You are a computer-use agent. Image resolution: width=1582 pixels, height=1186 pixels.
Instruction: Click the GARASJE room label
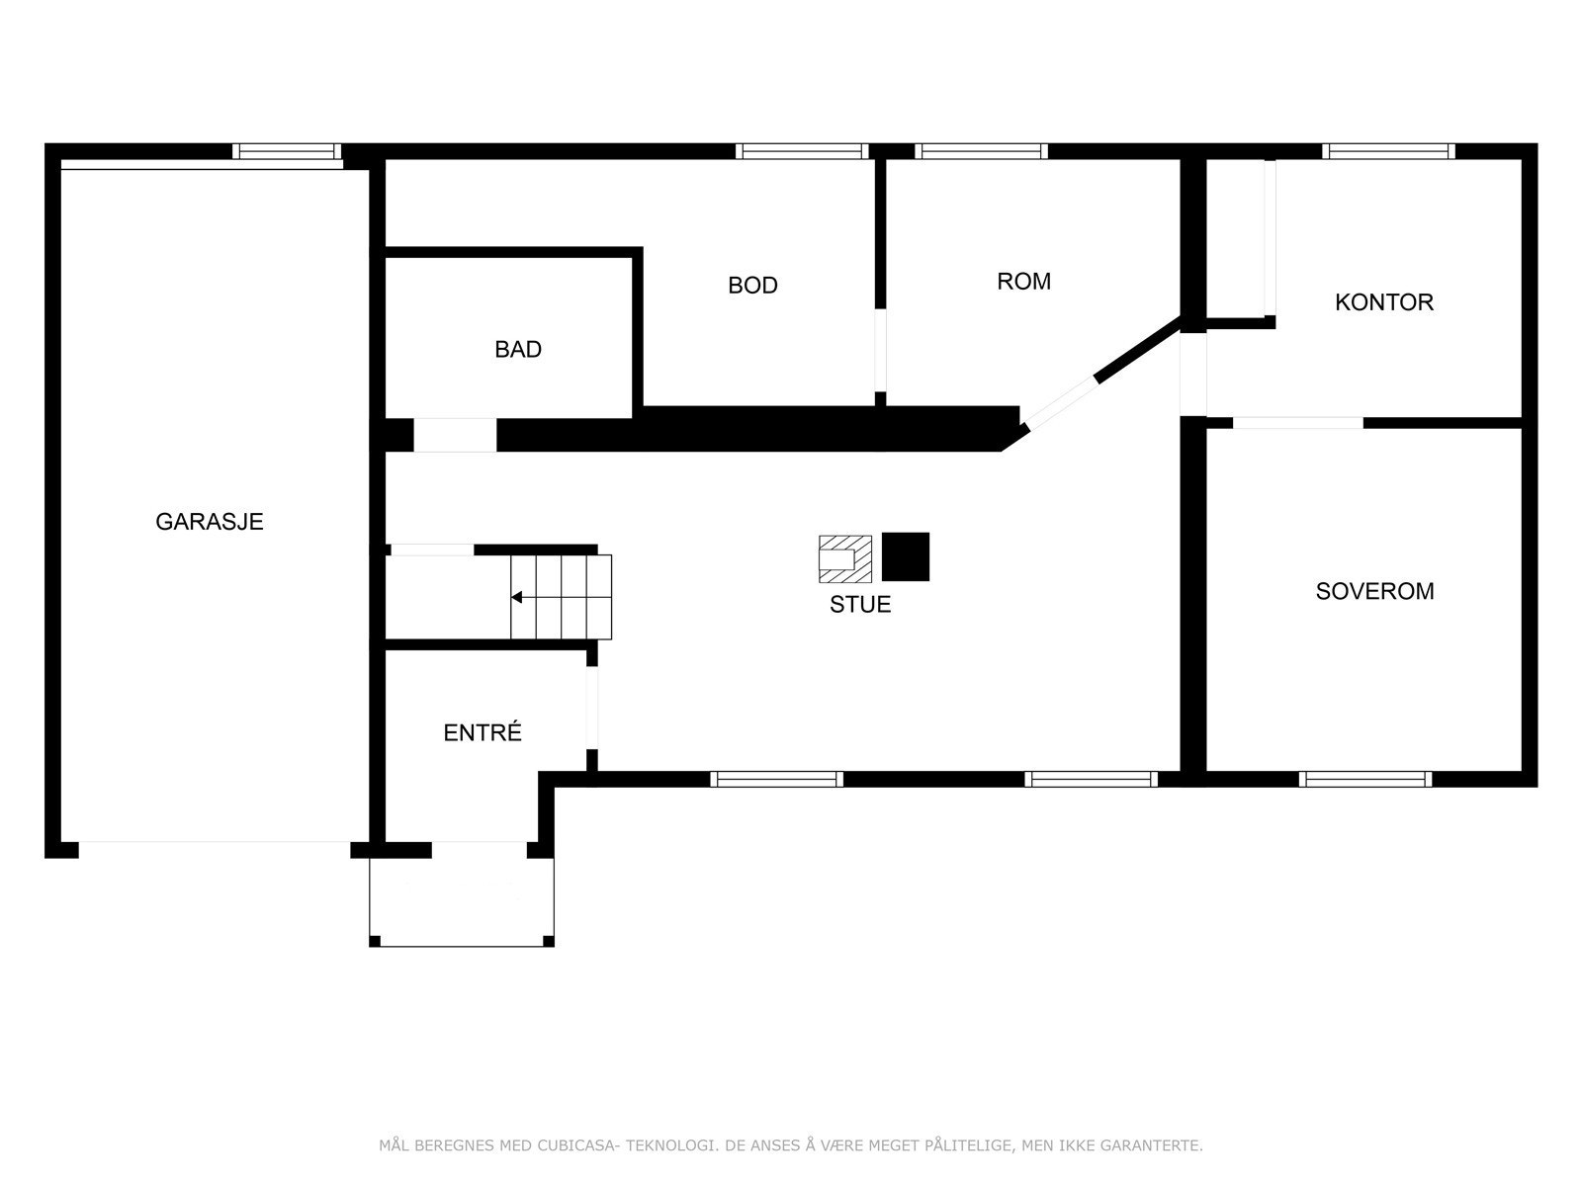pyautogui.click(x=209, y=522)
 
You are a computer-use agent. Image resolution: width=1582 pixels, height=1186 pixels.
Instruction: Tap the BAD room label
pyautogui.click(x=517, y=349)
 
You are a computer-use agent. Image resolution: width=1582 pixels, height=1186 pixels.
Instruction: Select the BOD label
pyautogui.click(x=752, y=286)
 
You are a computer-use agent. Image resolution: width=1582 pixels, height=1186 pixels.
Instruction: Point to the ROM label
pyautogui.click(x=1023, y=282)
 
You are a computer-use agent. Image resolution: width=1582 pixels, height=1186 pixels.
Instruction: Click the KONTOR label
pyautogui.click(x=1384, y=302)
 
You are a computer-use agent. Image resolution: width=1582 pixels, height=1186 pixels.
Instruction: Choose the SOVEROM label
pyautogui.click(x=1374, y=591)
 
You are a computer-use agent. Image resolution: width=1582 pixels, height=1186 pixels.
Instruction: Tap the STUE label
pyautogui.click(x=860, y=604)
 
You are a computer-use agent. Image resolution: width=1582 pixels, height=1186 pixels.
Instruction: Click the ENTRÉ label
pyautogui.click(x=483, y=732)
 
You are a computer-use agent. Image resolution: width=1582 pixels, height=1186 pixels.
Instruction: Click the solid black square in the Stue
pyautogui.click(x=906, y=556)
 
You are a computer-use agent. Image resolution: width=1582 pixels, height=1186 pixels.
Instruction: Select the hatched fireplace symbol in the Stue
pyautogui.click(x=845, y=558)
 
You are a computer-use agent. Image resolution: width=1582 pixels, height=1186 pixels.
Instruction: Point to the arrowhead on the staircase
pyautogui.click(x=516, y=597)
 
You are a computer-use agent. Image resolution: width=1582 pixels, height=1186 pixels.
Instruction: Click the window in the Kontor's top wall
pyautogui.click(x=1388, y=151)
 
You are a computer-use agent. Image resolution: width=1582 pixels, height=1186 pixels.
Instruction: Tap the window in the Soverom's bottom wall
pyautogui.click(x=1365, y=779)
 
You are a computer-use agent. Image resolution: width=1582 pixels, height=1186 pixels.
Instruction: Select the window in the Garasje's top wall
pyautogui.click(x=287, y=151)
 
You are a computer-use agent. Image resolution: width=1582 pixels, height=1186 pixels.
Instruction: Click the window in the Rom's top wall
pyautogui.click(x=981, y=151)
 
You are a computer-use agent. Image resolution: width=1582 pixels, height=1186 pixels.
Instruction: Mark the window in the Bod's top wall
pyautogui.click(x=802, y=151)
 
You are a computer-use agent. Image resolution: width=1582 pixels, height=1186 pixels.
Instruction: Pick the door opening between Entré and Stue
pyautogui.click(x=591, y=708)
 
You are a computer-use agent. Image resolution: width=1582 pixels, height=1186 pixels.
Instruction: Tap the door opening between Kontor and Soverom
pyautogui.click(x=1297, y=423)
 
